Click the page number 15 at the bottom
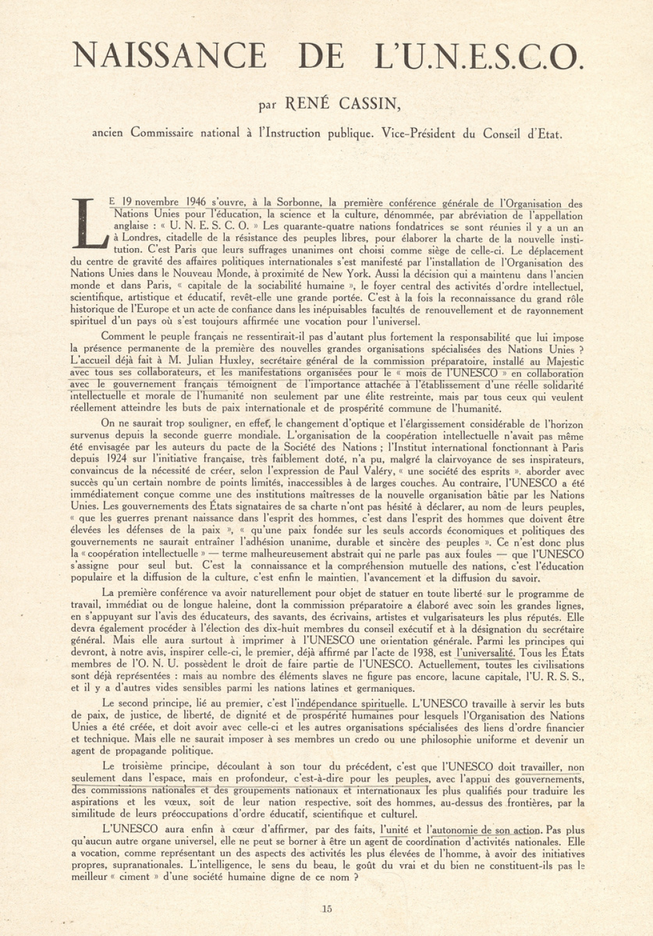tap(327, 908)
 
